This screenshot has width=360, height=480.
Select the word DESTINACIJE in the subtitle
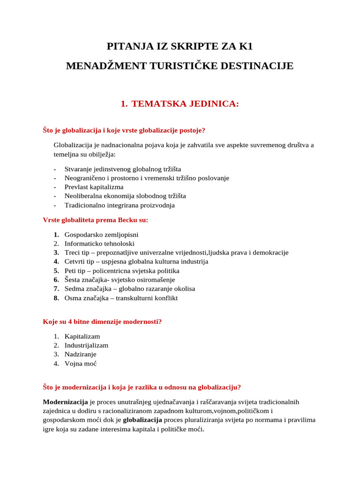(x=261, y=66)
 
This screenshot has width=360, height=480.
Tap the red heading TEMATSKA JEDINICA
(x=186, y=104)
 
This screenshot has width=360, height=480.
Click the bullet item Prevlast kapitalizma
(x=94, y=187)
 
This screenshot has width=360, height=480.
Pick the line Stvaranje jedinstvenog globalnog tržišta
(x=123, y=169)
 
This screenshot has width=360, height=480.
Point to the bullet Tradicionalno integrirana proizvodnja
(x=120, y=205)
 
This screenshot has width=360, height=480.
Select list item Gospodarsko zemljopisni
(x=101, y=234)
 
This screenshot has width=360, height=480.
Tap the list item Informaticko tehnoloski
(x=99, y=243)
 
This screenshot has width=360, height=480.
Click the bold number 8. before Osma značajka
(x=56, y=298)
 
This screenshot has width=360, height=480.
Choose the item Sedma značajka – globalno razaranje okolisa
(x=130, y=289)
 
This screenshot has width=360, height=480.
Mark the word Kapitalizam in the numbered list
(x=82, y=337)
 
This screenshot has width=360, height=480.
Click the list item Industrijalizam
(x=86, y=345)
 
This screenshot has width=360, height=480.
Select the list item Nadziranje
(x=80, y=354)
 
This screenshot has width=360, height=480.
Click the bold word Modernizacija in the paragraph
(x=65, y=402)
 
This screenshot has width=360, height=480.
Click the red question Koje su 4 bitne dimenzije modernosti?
(x=102, y=322)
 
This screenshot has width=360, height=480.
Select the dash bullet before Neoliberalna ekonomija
(x=55, y=196)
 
